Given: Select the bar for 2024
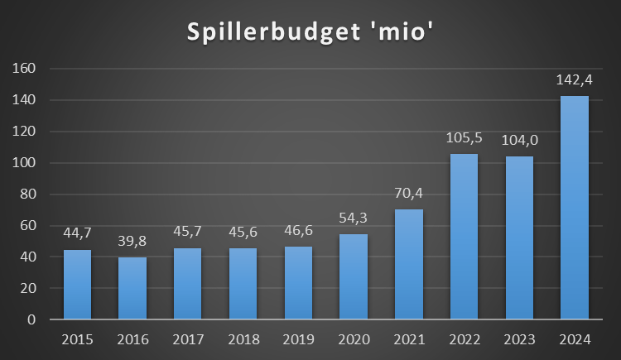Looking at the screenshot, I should point(575,207).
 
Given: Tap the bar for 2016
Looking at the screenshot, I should point(132,288).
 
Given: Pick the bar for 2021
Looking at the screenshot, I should point(409,264).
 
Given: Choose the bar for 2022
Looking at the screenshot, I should point(464,236).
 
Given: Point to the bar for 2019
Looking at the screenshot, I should point(298,282).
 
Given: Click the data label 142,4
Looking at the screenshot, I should point(575,82).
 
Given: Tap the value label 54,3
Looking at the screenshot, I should point(354,220).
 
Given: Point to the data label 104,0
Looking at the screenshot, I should point(519,142).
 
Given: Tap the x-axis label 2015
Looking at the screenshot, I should point(77,338).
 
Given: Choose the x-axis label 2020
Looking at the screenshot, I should point(354,338).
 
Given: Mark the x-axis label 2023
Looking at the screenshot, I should point(519,338).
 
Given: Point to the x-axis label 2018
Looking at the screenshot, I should point(243,338).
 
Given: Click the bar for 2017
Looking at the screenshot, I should point(188,283).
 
